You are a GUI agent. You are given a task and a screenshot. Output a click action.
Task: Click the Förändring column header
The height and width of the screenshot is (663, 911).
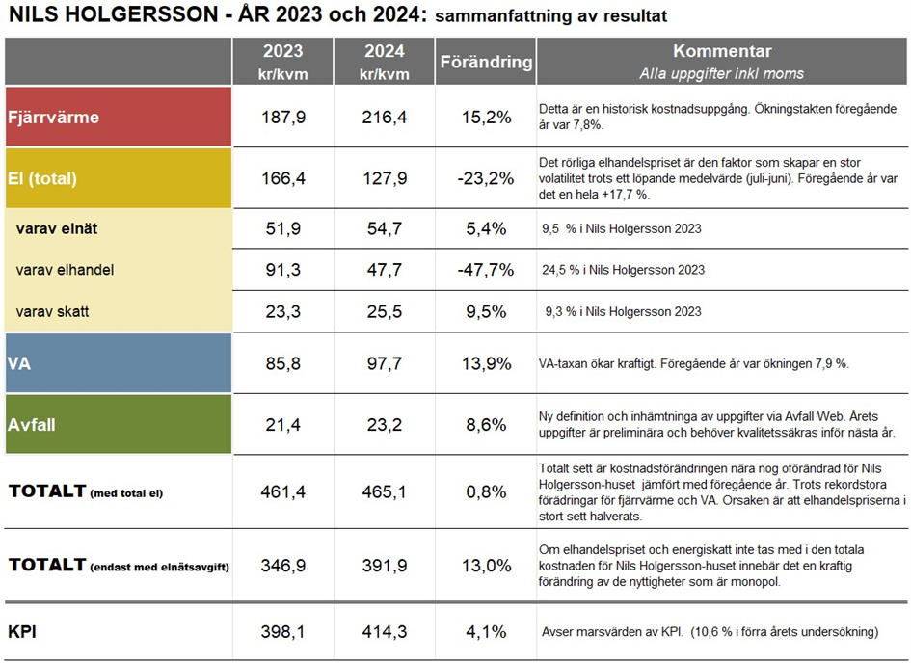click(x=486, y=62)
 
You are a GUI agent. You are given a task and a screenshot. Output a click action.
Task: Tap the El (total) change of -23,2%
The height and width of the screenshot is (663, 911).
click(x=486, y=177)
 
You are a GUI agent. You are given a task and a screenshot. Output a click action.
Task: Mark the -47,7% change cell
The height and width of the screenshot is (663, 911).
click(x=486, y=270)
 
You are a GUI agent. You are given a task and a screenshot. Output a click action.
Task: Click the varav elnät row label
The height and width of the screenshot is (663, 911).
click(x=57, y=228)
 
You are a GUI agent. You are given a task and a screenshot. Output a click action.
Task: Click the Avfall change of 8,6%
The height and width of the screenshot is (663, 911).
click(x=486, y=423)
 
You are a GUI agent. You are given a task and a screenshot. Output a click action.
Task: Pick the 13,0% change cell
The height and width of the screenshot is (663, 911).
click(x=486, y=565)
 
